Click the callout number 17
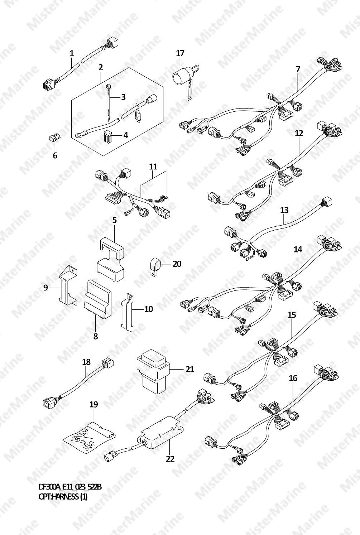tap(180, 53)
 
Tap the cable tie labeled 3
tap(109, 102)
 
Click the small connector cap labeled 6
tap(54, 138)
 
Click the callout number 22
tap(170, 459)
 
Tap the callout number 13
tap(284, 210)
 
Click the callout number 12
tap(299, 133)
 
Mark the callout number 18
tap(86, 362)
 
